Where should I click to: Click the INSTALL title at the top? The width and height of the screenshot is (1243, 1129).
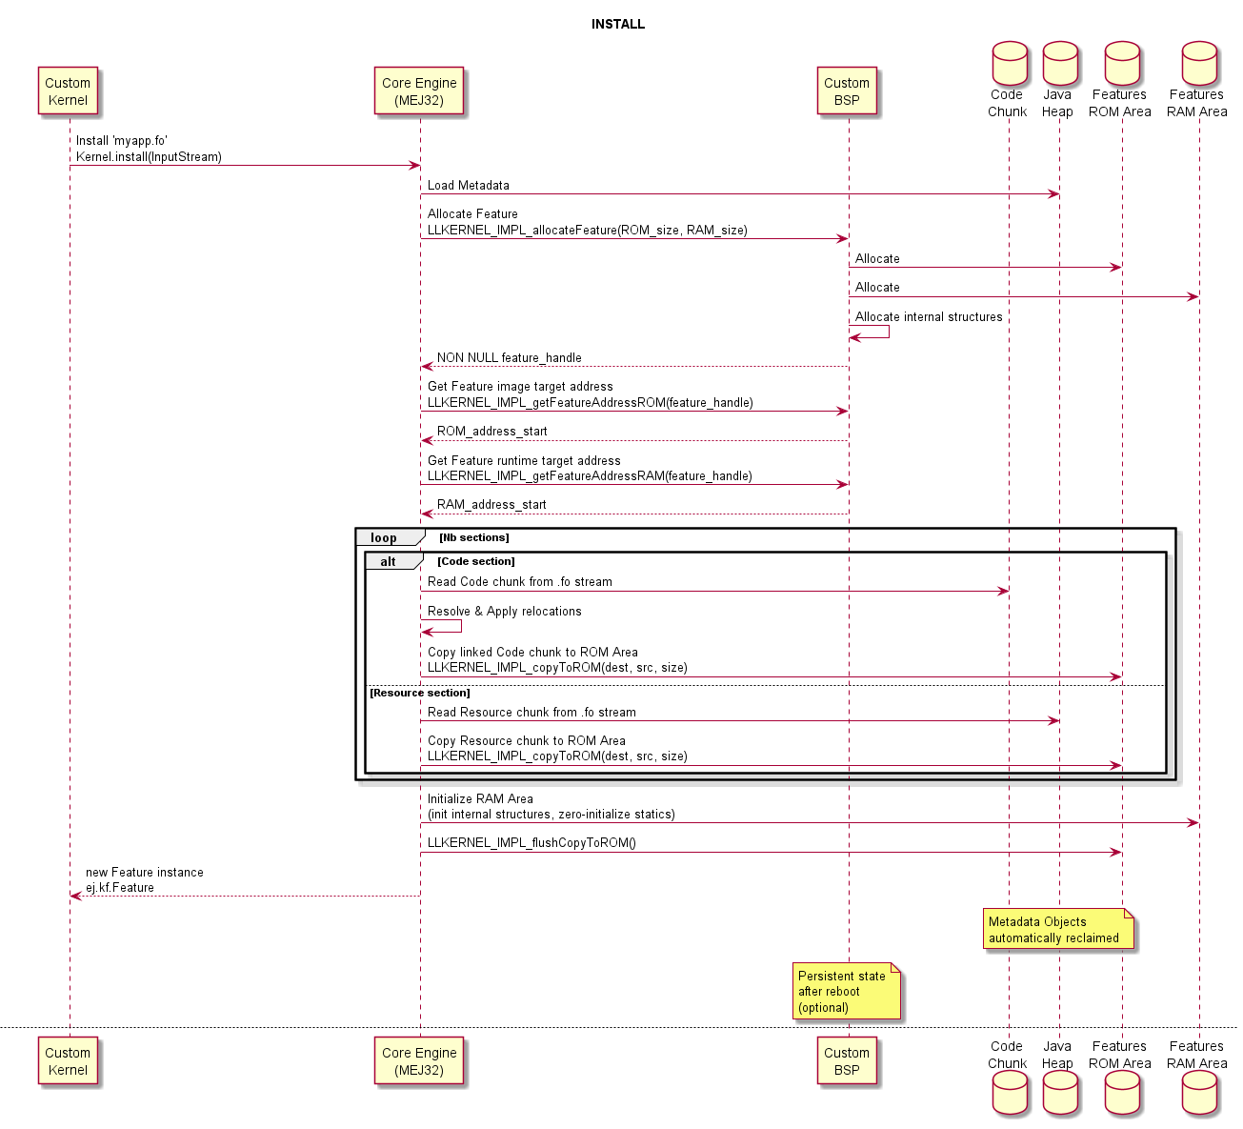pyautogui.click(x=617, y=24)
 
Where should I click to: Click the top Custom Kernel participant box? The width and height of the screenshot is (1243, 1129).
pyautogui.click(x=68, y=91)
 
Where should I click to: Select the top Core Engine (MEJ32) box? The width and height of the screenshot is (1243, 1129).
pyautogui.click(x=419, y=91)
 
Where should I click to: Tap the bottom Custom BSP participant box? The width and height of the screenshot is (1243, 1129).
pyautogui.click(x=847, y=1061)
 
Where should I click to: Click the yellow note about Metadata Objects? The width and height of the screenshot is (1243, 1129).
pyautogui.click(x=1058, y=929)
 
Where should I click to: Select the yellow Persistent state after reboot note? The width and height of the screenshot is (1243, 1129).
pyautogui.click(x=847, y=992)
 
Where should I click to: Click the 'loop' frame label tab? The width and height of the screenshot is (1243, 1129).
pyautogui.click(x=385, y=538)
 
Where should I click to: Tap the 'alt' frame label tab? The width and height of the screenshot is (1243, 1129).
pyautogui.click(x=389, y=562)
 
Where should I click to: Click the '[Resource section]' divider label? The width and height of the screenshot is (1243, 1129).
pyautogui.click(x=420, y=693)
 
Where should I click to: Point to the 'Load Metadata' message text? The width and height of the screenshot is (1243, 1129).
pyautogui.click(x=468, y=185)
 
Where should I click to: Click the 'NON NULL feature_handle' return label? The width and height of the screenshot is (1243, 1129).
pyautogui.click(x=509, y=357)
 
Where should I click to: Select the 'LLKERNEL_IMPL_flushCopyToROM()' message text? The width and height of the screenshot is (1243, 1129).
pyautogui.click(x=531, y=842)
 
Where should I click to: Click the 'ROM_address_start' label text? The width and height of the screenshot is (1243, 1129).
pyautogui.click(x=491, y=431)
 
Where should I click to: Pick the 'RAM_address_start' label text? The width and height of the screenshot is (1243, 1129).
pyautogui.click(x=491, y=504)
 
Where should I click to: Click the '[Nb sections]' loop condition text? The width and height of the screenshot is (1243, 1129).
pyautogui.click(x=473, y=538)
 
